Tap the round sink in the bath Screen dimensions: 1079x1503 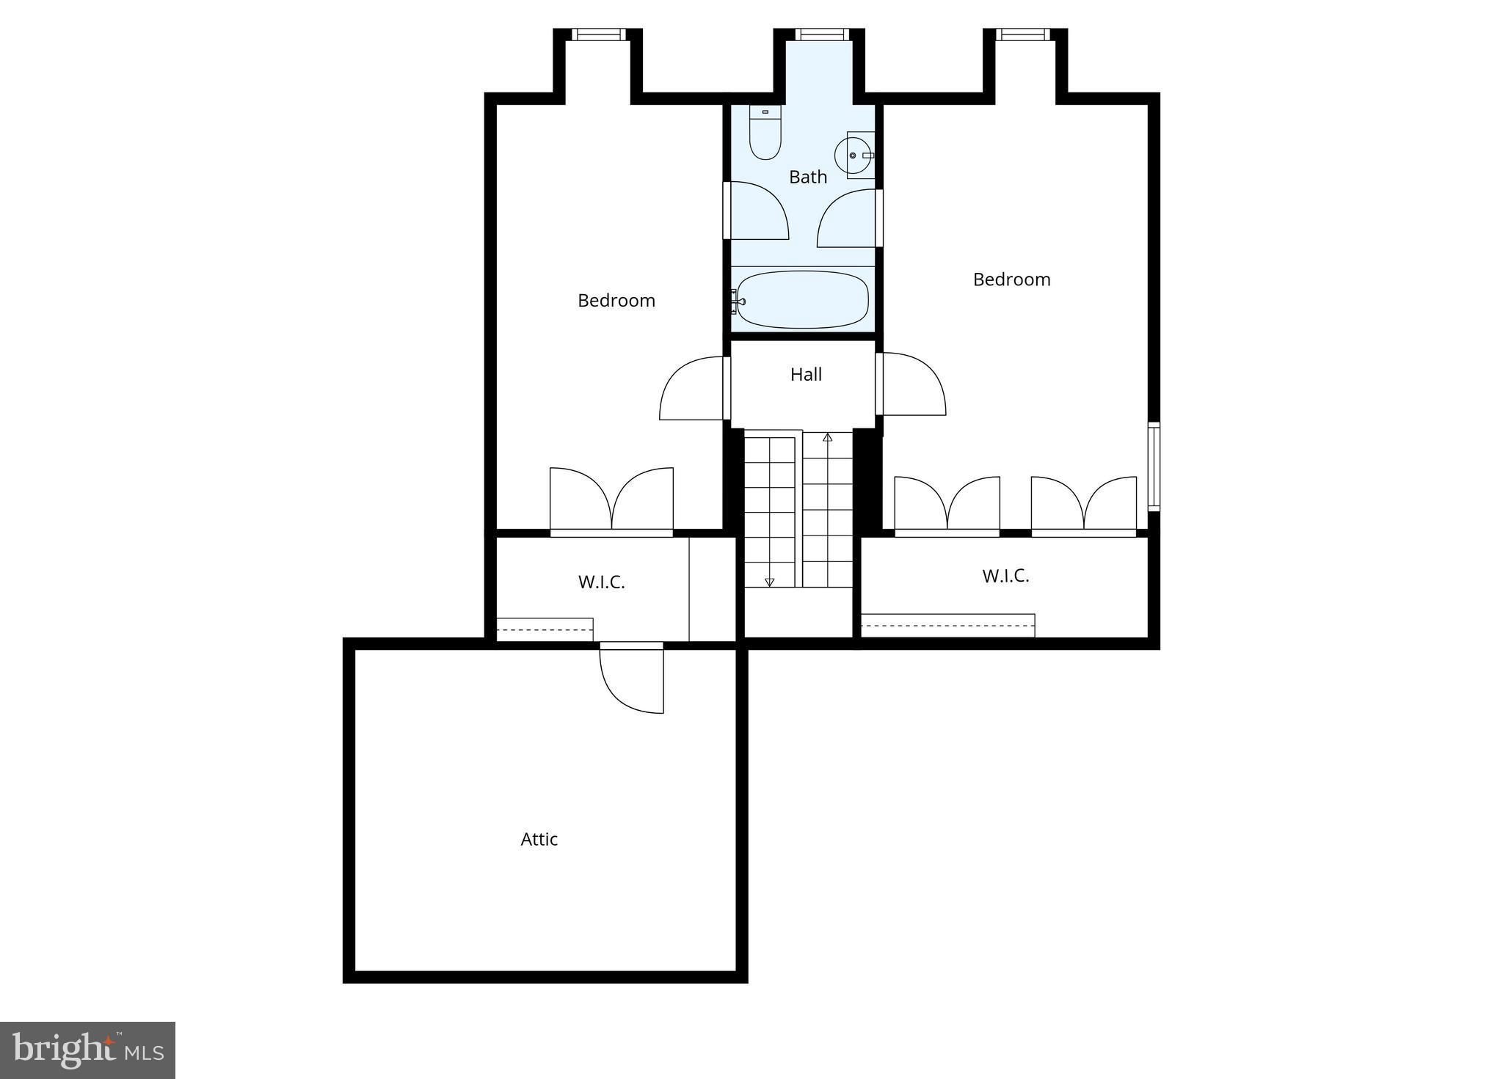coord(852,156)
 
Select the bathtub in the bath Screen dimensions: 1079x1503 coord(802,300)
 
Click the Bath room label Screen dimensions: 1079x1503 coord(807,177)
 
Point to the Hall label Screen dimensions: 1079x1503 coord(806,375)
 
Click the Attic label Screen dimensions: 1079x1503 coord(539,839)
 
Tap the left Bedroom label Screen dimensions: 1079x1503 coord(616,301)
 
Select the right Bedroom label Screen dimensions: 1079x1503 coord(1011,279)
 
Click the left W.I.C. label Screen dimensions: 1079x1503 coord(601,582)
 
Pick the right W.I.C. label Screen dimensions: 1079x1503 coord(1005,576)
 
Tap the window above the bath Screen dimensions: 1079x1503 coord(822,34)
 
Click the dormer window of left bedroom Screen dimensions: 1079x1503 coord(598,34)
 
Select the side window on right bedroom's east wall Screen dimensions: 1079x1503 coord(1153,467)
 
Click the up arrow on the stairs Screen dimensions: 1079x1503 coord(828,438)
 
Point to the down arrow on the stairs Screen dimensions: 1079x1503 coord(769,582)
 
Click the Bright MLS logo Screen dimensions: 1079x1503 coord(87,1050)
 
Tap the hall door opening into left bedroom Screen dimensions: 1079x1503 coord(692,389)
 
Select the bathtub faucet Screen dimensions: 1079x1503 coord(736,301)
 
